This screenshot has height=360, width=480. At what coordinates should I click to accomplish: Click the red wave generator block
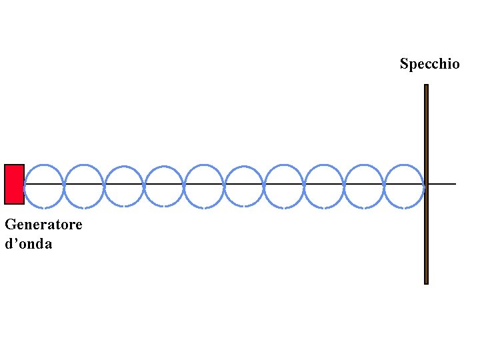[x=14, y=184]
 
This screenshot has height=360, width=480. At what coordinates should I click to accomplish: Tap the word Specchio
[x=429, y=64]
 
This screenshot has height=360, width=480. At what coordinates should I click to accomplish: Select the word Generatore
[x=43, y=224]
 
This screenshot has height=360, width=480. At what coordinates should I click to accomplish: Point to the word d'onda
[x=28, y=244]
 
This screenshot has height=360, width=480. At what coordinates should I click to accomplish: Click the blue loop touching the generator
[x=44, y=165]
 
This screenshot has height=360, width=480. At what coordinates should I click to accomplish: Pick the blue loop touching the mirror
[x=405, y=165]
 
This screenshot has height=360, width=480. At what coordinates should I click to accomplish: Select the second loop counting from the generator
[x=84, y=165]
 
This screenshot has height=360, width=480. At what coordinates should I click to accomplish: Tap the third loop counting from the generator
[x=124, y=165]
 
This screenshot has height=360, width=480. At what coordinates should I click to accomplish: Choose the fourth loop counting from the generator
[x=164, y=165]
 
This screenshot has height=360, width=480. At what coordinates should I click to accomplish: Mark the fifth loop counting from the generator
[x=204, y=165]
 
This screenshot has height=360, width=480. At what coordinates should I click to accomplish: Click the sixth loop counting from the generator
[x=244, y=165]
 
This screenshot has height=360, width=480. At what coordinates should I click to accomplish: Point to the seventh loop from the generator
[x=284, y=165]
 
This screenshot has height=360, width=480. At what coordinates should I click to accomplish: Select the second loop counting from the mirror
[x=365, y=165]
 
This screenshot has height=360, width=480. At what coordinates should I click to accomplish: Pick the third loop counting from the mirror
[x=325, y=165]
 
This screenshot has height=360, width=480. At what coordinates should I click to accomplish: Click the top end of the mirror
[x=426, y=87]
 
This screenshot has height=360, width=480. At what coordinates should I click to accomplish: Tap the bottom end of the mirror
[x=426, y=281]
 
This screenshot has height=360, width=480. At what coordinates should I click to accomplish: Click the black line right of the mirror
[x=443, y=183]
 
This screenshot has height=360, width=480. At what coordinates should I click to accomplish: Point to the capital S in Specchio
[x=404, y=64]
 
